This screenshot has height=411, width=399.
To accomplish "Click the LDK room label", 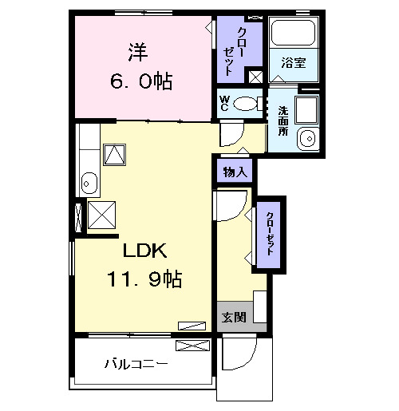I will (x=144, y=251).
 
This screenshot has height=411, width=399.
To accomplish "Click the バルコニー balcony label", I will (x=136, y=364).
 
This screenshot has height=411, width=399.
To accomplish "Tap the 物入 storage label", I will (x=235, y=172).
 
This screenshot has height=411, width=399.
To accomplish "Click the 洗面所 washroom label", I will (x=282, y=121).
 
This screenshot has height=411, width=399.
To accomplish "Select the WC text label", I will (x=225, y=103).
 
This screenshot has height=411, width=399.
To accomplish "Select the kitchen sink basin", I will (x=88, y=184).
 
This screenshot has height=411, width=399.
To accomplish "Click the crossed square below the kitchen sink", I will (x=102, y=213).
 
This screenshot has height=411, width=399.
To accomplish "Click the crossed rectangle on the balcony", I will (x=192, y=346).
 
